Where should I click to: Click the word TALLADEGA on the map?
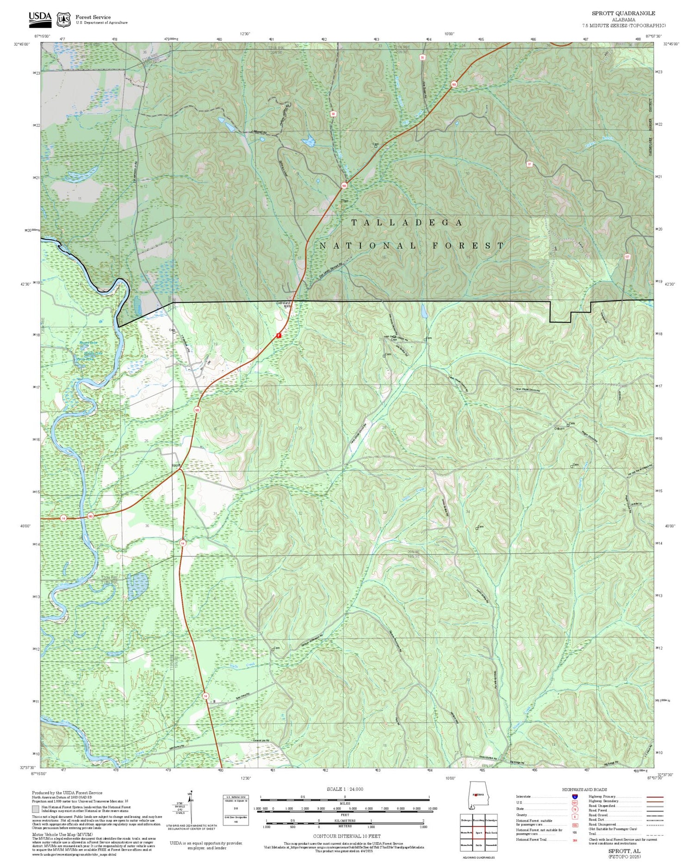point(407,223)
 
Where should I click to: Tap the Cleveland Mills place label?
point(283,305)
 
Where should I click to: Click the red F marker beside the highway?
point(279,335)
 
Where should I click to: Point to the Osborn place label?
point(559,428)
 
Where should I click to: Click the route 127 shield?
point(627,256)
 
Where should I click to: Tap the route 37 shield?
point(529,164)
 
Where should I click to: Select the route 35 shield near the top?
point(422,57)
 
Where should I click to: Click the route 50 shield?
point(333,113)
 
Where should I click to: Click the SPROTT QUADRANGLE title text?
point(623,13)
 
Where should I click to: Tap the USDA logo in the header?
point(40,18)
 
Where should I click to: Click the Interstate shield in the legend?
point(575,796)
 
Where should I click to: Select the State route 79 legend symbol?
point(575,809)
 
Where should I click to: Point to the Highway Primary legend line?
point(652,797)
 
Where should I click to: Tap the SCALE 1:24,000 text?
point(345,789)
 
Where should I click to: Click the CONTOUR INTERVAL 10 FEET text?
point(347,836)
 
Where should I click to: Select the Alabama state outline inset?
point(477,795)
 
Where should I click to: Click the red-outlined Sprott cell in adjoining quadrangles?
point(478,832)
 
